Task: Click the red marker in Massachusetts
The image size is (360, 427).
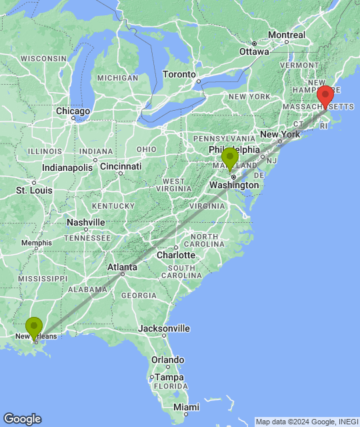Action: pyautogui.click(x=325, y=96)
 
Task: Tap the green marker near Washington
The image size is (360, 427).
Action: pyautogui.click(x=230, y=158)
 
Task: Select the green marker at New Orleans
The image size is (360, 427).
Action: pyautogui.click(x=35, y=327)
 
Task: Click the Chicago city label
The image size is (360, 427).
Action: pyautogui.click(x=73, y=111)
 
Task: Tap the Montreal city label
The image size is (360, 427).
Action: pyautogui.click(x=287, y=35)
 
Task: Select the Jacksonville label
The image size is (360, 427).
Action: pyautogui.click(x=164, y=328)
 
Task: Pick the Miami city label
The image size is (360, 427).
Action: pyautogui.click(x=186, y=407)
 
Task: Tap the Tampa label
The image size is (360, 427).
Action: pyautogui.click(x=167, y=377)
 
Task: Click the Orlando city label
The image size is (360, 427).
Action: pyautogui.click(x=167, y=360)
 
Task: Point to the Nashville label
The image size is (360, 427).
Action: pyautogui.click(x=86, y=222)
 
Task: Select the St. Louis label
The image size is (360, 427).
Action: pyautogui.click(x=34, y=191)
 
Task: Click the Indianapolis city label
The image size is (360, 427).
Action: pyautogui.click(x=67, y=167)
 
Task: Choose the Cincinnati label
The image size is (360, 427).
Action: pyautogui.click(x=121, y=166)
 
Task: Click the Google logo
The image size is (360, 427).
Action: pyautogui.click(x=22, y=419)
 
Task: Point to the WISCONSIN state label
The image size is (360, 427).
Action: pyautogui.click(x=43, y=59)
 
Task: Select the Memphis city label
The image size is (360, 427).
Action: pyautogui.click(x=36, y=243)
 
